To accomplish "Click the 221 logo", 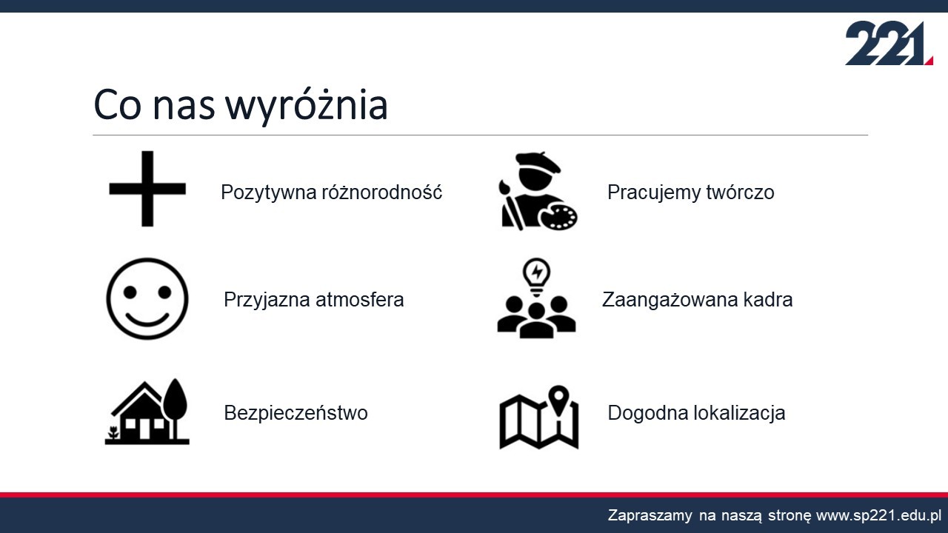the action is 889,43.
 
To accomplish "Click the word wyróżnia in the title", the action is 307,106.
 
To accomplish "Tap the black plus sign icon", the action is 147,189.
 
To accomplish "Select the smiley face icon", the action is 147,298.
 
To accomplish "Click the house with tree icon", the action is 147,412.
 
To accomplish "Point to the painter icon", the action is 538,191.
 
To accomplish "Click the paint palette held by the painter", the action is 558,217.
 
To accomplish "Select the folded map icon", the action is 538,417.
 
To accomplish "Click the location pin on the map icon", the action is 558,400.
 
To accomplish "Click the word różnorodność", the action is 382,192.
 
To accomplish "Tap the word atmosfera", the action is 360,300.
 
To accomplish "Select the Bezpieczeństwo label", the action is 296,413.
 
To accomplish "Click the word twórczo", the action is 740,192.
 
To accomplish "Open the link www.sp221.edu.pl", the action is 878,516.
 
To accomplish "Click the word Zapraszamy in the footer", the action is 650,516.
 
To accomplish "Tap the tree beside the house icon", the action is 175,408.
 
